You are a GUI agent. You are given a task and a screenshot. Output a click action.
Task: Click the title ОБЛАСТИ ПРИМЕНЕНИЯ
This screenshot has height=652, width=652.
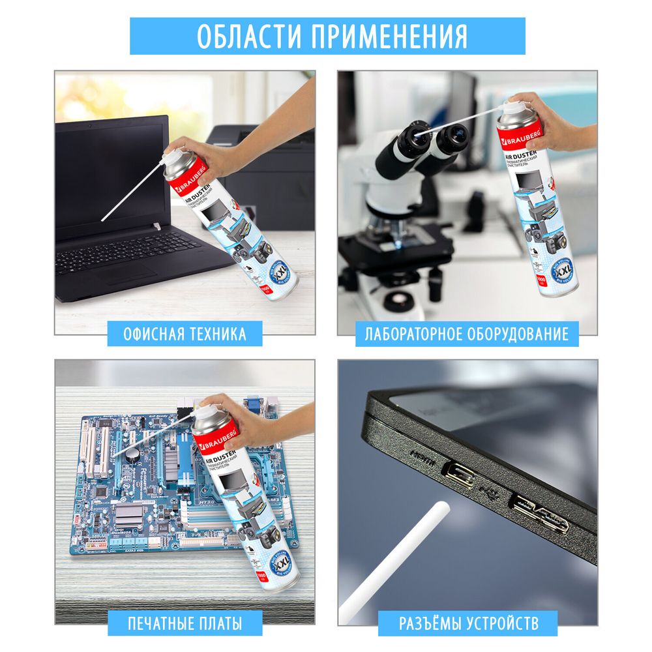(x=327, y=37)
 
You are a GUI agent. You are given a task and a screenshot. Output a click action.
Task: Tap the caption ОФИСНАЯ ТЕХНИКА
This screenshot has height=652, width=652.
(x=185, y=334)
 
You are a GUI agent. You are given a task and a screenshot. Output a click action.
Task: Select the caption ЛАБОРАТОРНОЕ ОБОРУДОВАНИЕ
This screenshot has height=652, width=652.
(x=466, y=334)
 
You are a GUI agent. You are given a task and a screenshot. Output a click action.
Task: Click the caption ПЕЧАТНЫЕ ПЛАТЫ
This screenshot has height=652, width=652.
(x=185, y=623)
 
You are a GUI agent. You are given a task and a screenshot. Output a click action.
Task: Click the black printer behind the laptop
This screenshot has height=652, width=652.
(x=261, y=170)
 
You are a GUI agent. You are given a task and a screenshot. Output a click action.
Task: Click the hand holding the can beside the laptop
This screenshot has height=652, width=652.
(x=209, y=156)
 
